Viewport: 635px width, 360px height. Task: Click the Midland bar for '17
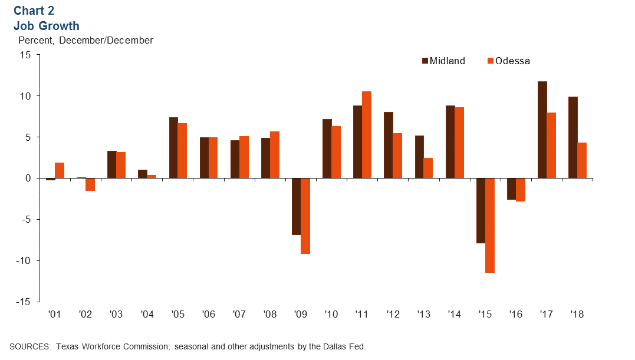pyautogui.click(x=542, y=130)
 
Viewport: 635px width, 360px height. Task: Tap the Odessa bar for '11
pyautogui.click(x=367, y=134)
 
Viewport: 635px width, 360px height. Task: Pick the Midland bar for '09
pyautogui.click(x=296, y=206)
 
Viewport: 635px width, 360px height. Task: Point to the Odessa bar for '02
pyautogui.click(x=90, y=184)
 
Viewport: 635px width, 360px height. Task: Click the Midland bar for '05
pyautogui.click(x=173, y=147)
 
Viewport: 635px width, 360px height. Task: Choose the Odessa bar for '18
pyautogui.click(x=582, y=160)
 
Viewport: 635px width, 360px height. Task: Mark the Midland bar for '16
pyautogui.click(x=511, y=189)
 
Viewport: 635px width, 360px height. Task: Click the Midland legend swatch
pyautogui.click(x=425, y=61)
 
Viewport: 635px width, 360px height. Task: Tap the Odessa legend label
pyautogui.click(x=512, y=61)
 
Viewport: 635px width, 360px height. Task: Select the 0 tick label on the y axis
pyautogui.click(x=28, y=178)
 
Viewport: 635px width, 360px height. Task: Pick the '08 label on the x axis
pyautogui.click(x=269, y=315)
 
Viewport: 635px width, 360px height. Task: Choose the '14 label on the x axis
pyautogui.click(x=454, y=315)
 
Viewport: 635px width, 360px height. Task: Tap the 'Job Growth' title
pyautogui.click(x=46, y=26)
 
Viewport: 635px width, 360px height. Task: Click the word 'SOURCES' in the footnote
pyautogui.click(x=29, y=346)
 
